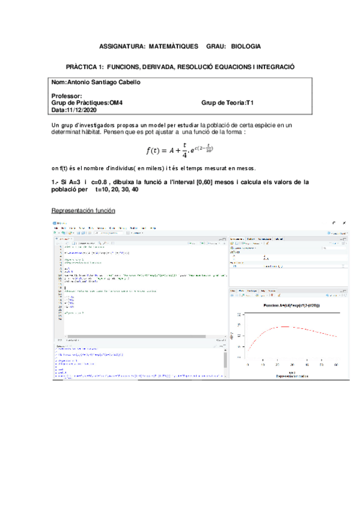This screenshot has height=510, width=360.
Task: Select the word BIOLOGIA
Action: [x=246, y=46]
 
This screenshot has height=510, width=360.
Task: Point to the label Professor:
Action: [x=67, y=96]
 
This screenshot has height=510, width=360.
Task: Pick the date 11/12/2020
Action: [x=83, y=110]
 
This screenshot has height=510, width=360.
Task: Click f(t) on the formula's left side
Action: [x=155, y=150]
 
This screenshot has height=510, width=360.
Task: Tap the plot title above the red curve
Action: [x=292, y=306]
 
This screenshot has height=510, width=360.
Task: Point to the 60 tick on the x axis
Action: [x=336, y=364]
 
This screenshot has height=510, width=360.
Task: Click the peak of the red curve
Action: [x=279, y=327]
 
